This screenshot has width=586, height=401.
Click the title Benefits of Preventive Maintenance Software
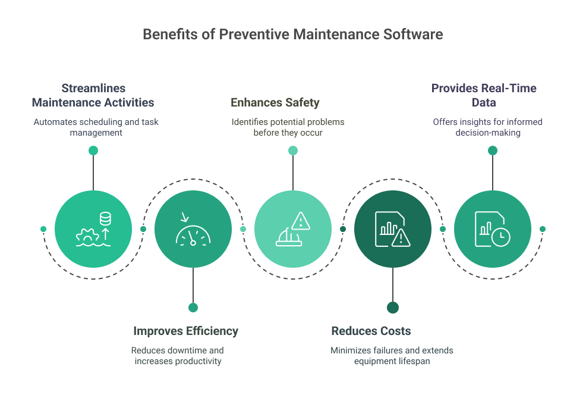(x=292, y=35)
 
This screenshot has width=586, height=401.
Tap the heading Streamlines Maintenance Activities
(x=93, y=95)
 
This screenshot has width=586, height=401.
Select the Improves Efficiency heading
(x=185, y=331)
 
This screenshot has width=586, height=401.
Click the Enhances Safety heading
(x=275, y=102)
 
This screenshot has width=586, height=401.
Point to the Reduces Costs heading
(x=371, y=331)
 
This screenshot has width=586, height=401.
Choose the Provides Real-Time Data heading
(x=484, y=95)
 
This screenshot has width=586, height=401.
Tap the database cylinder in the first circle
(x=105, y=218)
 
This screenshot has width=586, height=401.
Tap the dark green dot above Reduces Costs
(x=393, y=308)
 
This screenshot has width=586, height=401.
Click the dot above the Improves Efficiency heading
(x=193, y=308)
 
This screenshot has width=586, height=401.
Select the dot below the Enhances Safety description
(x=293, y=151)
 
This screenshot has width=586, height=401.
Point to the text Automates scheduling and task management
(x=96, y=127)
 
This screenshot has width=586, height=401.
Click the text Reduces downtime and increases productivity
(x=178, y=356)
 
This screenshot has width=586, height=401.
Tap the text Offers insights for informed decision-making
(x=487, y=127)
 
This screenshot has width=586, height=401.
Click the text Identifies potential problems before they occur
(x=288, y=127)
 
